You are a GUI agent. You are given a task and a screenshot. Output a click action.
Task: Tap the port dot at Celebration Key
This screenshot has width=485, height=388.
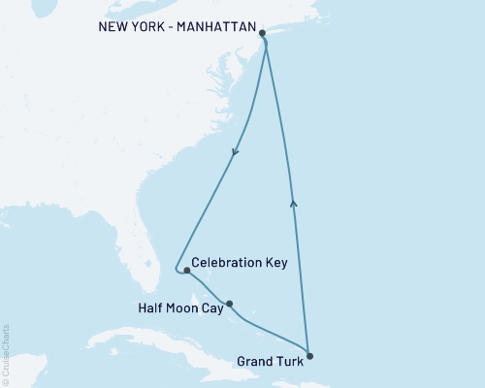tap(186, 271)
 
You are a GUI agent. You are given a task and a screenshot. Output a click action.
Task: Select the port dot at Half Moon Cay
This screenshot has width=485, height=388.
tap(229, 304)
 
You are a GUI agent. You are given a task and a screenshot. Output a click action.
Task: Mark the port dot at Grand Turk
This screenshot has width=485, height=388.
tap(309, 355)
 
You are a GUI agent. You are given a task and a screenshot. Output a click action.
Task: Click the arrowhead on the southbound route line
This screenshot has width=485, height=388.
tap(234, 151)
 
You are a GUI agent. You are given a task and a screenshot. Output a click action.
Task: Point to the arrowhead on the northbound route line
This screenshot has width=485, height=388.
tap(294, 201)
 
